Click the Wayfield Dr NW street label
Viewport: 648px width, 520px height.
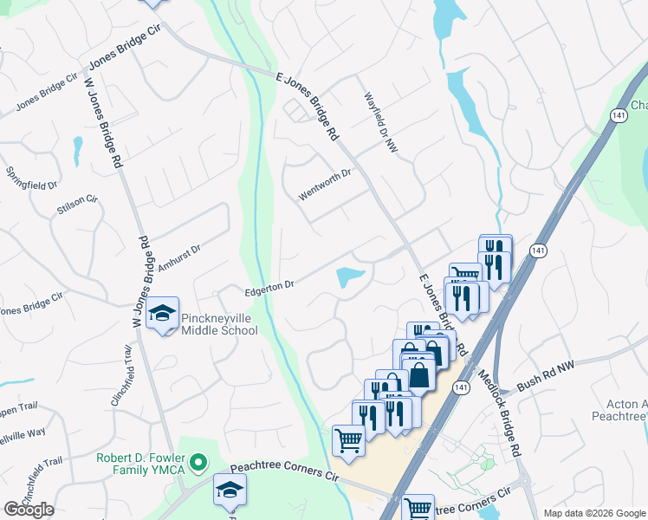(x=379, y=120)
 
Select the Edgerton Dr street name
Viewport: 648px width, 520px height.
(x=269, y=284)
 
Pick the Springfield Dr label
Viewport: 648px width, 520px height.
(x=34, y=177)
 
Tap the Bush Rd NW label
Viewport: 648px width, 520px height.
(x=546, y=370)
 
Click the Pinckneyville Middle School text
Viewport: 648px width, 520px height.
(x=218, y=323)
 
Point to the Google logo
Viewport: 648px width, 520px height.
(x=29, y=510)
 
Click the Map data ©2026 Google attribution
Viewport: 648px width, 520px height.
(x=594, y=513)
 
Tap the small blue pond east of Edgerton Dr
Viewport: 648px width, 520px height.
(x=349, y=277)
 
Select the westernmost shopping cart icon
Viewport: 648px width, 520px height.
(x=348, y=439)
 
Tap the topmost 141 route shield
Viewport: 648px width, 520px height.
(x=617, y=115)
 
